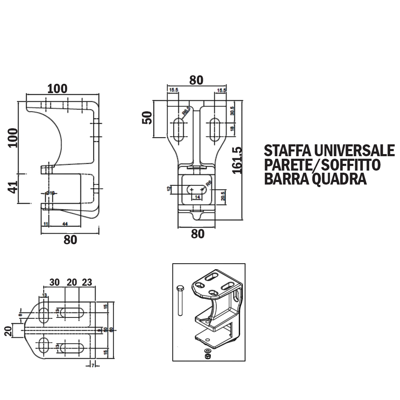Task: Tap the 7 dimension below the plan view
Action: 92,365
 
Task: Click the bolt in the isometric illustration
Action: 179,301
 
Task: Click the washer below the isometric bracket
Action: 208,351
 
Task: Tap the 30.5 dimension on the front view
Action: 232,111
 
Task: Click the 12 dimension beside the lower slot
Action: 169,189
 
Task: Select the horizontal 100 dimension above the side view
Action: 57,88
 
